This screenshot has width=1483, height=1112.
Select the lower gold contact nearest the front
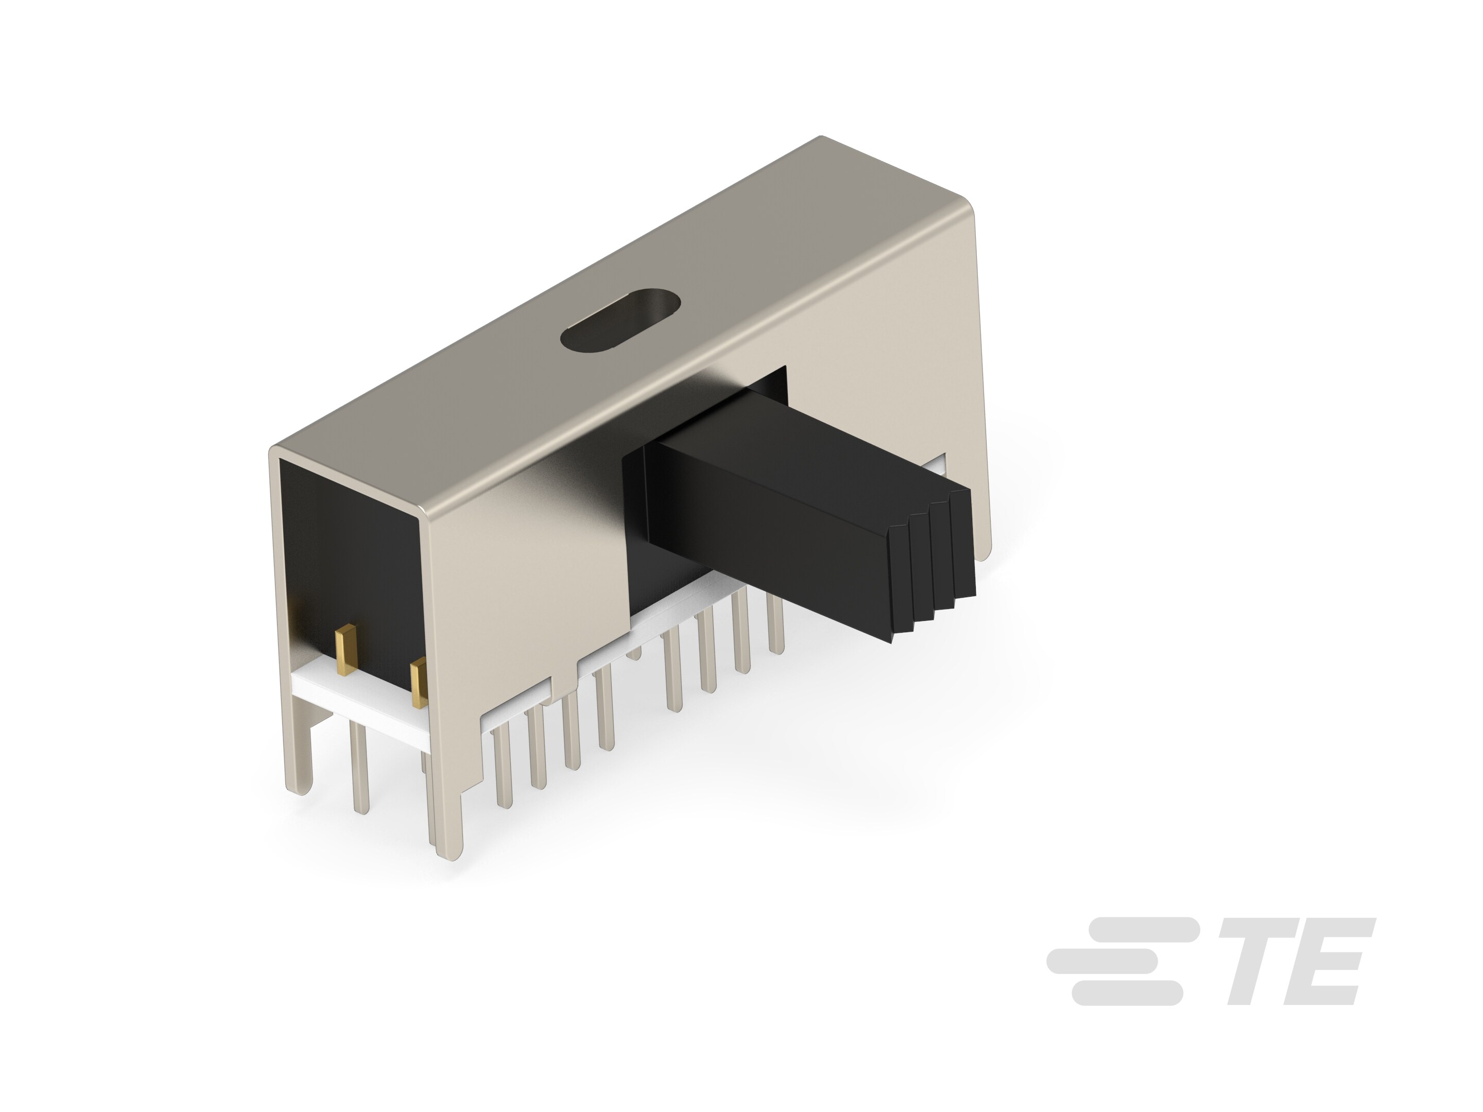click(x=419, y=682)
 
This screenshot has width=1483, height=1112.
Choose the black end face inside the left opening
click(x=349, y=543)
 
